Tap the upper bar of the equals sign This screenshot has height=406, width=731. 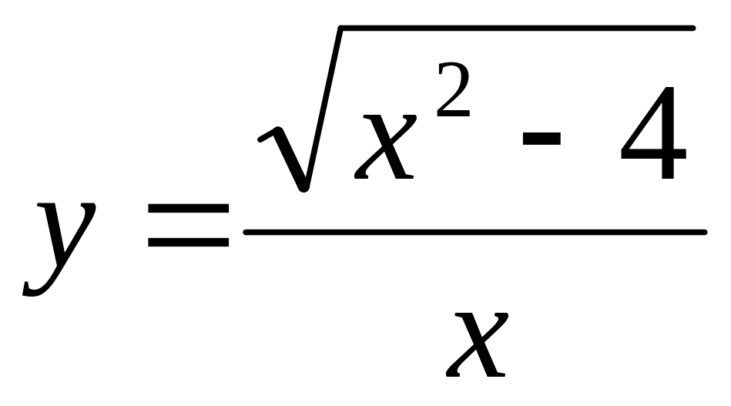[x=188, y=210]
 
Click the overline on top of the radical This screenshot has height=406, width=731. [x=516, y=29]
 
